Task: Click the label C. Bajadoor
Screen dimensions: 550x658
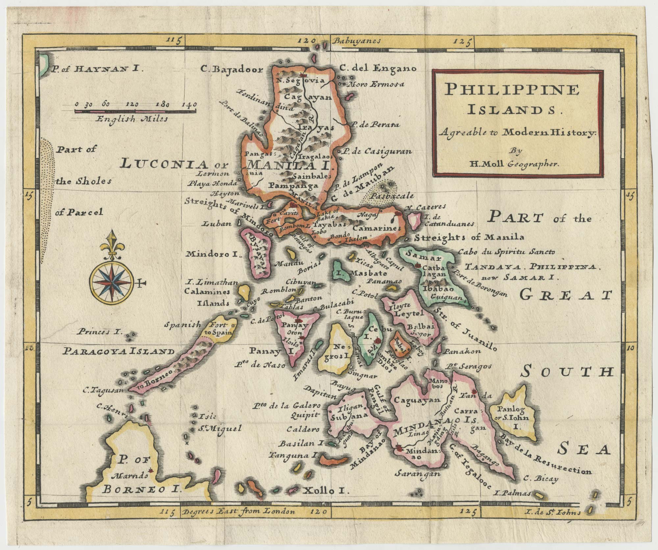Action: [x=232, y=69]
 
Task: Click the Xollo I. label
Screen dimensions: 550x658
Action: [x=324, y=491]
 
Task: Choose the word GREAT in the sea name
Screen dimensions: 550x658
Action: [x=566, y=296]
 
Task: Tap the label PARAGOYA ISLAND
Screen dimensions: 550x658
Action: [x=119, y=352]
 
